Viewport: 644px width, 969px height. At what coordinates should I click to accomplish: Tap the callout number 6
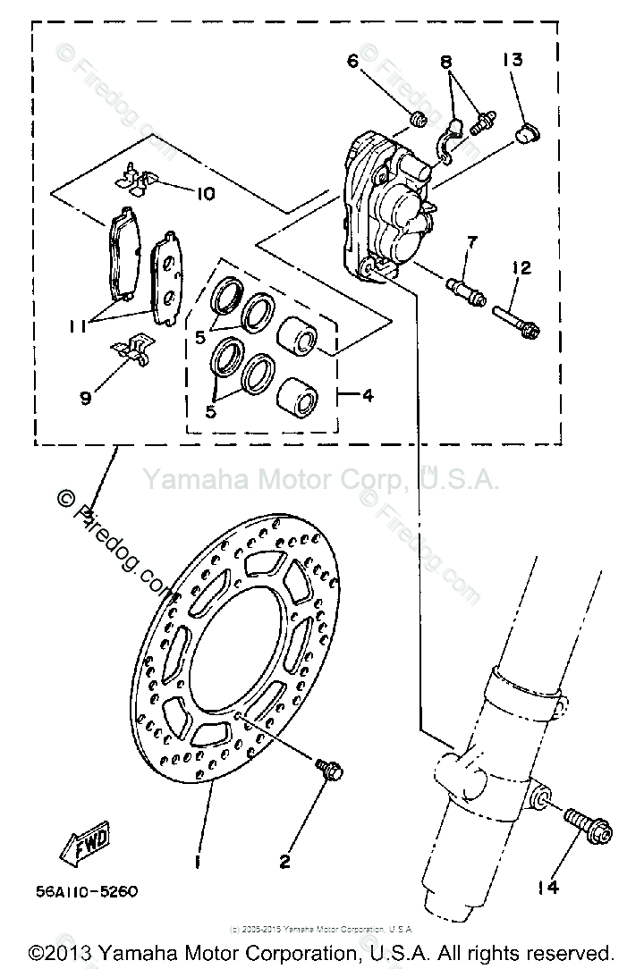(x=352, y=61)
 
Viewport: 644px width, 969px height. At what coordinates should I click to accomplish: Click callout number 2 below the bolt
(x=284, y=862)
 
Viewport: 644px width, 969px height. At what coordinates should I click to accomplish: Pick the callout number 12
(x=522, y=267)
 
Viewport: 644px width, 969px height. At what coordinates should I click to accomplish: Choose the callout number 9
(x=85, y=398)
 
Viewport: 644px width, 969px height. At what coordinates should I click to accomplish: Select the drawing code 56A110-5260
(x=88, y=891)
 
